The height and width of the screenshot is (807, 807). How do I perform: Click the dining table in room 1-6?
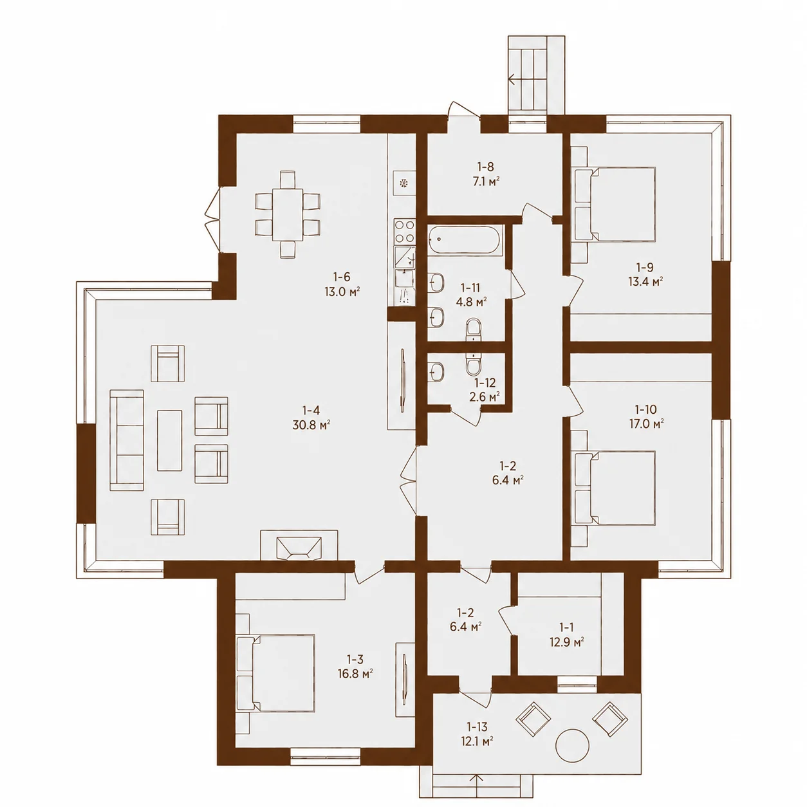tap(288, 214)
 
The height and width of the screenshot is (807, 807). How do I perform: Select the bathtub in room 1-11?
tap(463, 241)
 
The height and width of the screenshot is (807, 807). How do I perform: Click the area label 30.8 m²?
tap(311, 425)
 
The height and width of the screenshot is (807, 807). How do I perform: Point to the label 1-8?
tap(485, 167)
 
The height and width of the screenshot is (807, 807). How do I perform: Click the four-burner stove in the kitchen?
tap(405, 232)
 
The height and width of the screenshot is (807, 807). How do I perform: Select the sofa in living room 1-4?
tap(127, 440)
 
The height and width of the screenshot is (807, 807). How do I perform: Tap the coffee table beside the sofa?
tap(169, 440)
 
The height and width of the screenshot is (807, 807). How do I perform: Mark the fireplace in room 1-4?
tap(299, 545)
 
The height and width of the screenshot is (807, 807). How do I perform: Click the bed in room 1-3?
tap(275, 672)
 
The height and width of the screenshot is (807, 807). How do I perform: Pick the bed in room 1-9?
tap(613, 204)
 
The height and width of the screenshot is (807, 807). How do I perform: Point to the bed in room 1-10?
tap(613, 487)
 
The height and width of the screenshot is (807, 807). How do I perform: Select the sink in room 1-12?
tap(436, 371)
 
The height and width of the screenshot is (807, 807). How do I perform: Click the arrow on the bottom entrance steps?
tap(477, 786)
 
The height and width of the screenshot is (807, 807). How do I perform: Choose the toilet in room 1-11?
tap(474, 329)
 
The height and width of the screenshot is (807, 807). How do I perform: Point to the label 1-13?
tap(477, 727)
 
